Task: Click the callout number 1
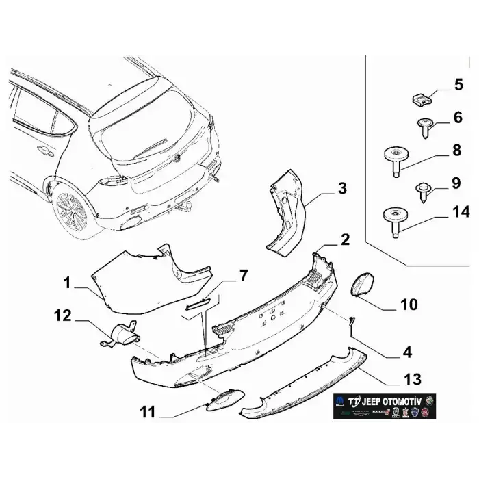[x=68, y=281]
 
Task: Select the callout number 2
[x=345, y=239]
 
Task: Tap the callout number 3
[x=342, y=188]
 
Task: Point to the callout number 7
[x=242, y=276]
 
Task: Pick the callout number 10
[x=408, y=303]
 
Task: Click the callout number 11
[x=149, y=412]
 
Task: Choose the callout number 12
[x=64, y=315]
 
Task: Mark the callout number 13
[x=413, y=378]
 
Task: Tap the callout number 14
[x=461, y=212]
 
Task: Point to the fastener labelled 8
[x=394, y=159]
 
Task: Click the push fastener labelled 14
[x=393, y=221]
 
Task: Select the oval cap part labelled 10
[x=361, y=284]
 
